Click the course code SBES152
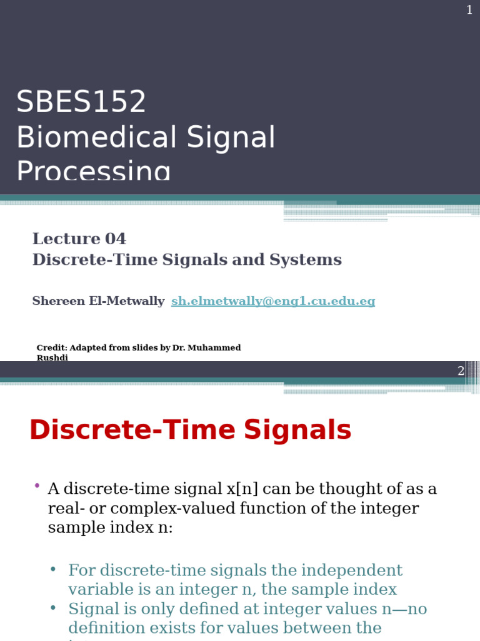click(x=81, y=102)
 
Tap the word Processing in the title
click(x=93, y=171)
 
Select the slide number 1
click(x=469, y=10)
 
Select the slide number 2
click(x=461, y=371)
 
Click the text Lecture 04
click(x=79, y=239)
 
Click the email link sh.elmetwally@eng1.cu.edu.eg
click(x=273, y=301)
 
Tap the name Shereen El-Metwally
click(x=98, y=301)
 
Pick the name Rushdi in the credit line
click(x=52, y=358)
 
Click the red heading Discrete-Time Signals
click(x=190, y=431)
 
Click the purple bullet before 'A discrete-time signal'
click(x=37, y=486)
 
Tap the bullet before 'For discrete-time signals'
click(x=53, y=569)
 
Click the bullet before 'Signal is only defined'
click(x=53, y=608)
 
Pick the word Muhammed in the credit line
click(x=214, y=348)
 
